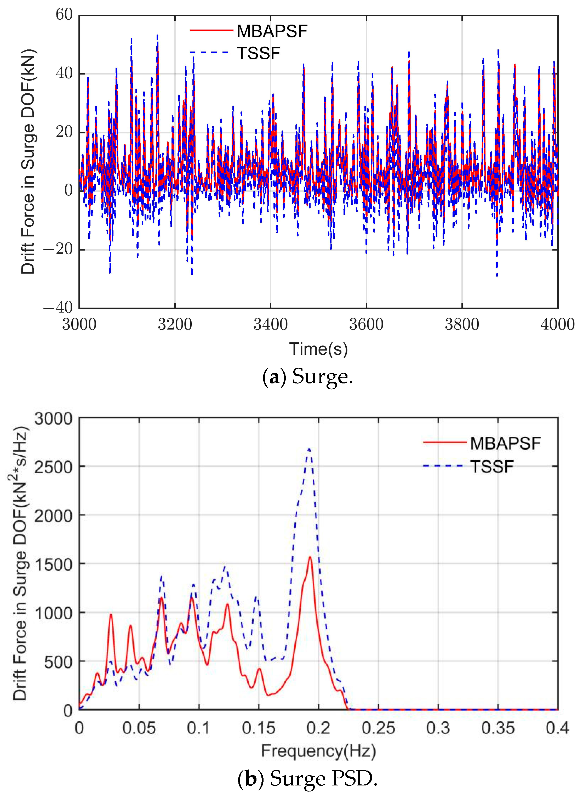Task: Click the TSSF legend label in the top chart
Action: [258, 54]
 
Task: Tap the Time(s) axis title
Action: [318, 349]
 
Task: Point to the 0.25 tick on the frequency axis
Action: [378, 728]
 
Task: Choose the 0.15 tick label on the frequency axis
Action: [258, 728]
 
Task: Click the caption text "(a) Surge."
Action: [307, 377]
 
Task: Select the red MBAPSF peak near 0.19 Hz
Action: [310, 557]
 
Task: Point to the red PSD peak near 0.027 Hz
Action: [111, 615]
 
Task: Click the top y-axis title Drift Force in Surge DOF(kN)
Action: [28, 162]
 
